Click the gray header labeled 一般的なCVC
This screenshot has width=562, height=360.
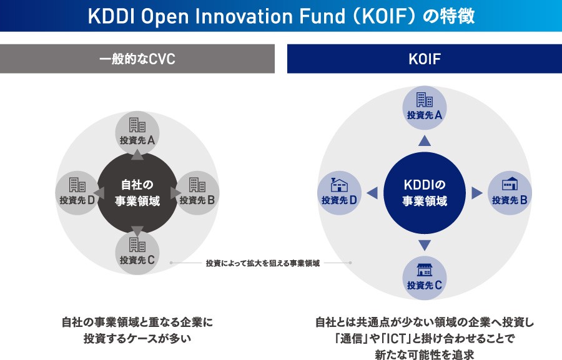pyautogui.click(x=137, y=59)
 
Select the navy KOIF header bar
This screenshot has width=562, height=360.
pyautogui.click(x=425, y=59)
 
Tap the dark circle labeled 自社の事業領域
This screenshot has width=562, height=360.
pyautogui.click(x=137, y=193)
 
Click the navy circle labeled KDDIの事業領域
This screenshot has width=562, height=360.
pyautogui.click(x=425, y=193)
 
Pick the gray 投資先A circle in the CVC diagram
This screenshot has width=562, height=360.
pyautogui.click(x=137, y=133)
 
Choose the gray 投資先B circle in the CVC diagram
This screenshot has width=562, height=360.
pyautogui.click(x=197, y=193)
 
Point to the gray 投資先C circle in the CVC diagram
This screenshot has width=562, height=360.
pyautogui.click(x=137, y=253)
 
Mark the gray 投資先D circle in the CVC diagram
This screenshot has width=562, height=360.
pyautogui.click(x=77, y=193)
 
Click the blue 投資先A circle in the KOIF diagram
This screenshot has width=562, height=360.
pyautogui.click(x=425, y=108)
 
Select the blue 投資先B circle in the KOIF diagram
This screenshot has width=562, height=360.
pyautogui.click(x=510, y=193)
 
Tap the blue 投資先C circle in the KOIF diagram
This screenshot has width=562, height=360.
pyautogui.click(x=425, y=278)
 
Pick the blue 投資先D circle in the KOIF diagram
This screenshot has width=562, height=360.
pyautogui.click(x=339, y=193)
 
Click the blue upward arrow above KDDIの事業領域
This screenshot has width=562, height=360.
pyautogui.click(x=425, y=141)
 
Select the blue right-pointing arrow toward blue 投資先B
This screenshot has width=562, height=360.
pyautogui.click(x=476, y=193)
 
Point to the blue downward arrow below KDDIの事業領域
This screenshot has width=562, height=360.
pyautogui.click(x=425, y=245)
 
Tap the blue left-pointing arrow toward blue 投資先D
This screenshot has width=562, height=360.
pyautogui.click(x=372, y=193)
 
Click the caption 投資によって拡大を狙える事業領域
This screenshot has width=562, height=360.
pyautogui.click(x=263, y=263)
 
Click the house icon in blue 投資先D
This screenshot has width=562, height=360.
pyautogui.click(x=339, y=185)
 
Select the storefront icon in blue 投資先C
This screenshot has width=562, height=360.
pyautogui.click(x=425, y=270)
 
